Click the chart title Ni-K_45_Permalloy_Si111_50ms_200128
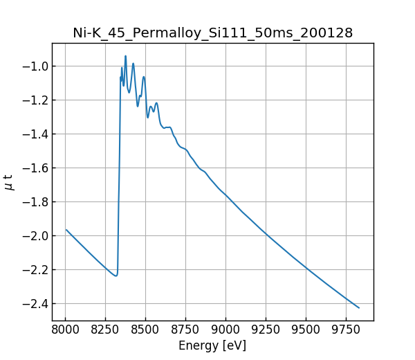click(212, 33)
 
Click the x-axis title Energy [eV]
click(212, 345)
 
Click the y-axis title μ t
click(9, 182)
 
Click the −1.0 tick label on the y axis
click(35, 66)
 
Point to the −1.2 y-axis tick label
click(35, 100)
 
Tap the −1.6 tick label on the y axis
click(35, 168)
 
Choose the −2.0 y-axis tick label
click(35, 236)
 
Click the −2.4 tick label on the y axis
click(35, 304)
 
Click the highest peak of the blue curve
click(125, 56)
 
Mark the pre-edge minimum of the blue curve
click(116, 276)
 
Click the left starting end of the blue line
click(66, 230)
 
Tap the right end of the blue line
click(359, 308)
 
